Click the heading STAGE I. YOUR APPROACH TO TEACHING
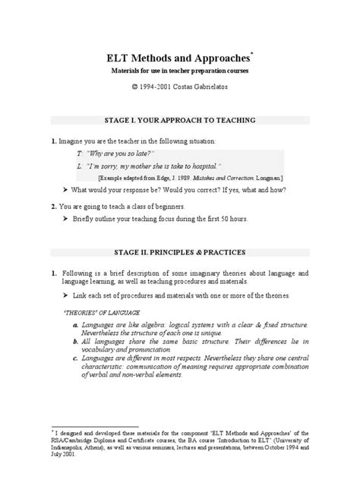point(179,121)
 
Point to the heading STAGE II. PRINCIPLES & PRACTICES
point(179,251)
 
